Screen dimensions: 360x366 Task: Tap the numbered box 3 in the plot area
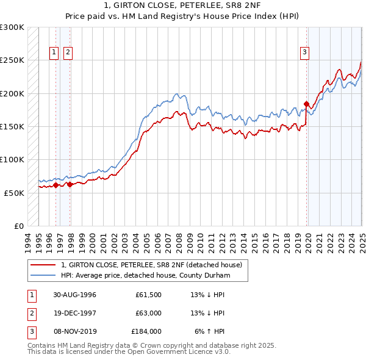[x=304, y=53]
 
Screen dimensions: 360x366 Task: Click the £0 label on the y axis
[x=19, y=226]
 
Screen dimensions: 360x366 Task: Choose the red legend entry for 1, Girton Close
[x=152, y=265]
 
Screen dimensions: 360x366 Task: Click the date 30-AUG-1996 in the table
[x=74, y=295]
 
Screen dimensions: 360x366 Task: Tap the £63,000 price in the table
[x=146, y=313]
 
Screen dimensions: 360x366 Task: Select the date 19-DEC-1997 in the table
[x=74, y=313]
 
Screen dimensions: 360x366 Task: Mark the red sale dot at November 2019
[x=306, y=104]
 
